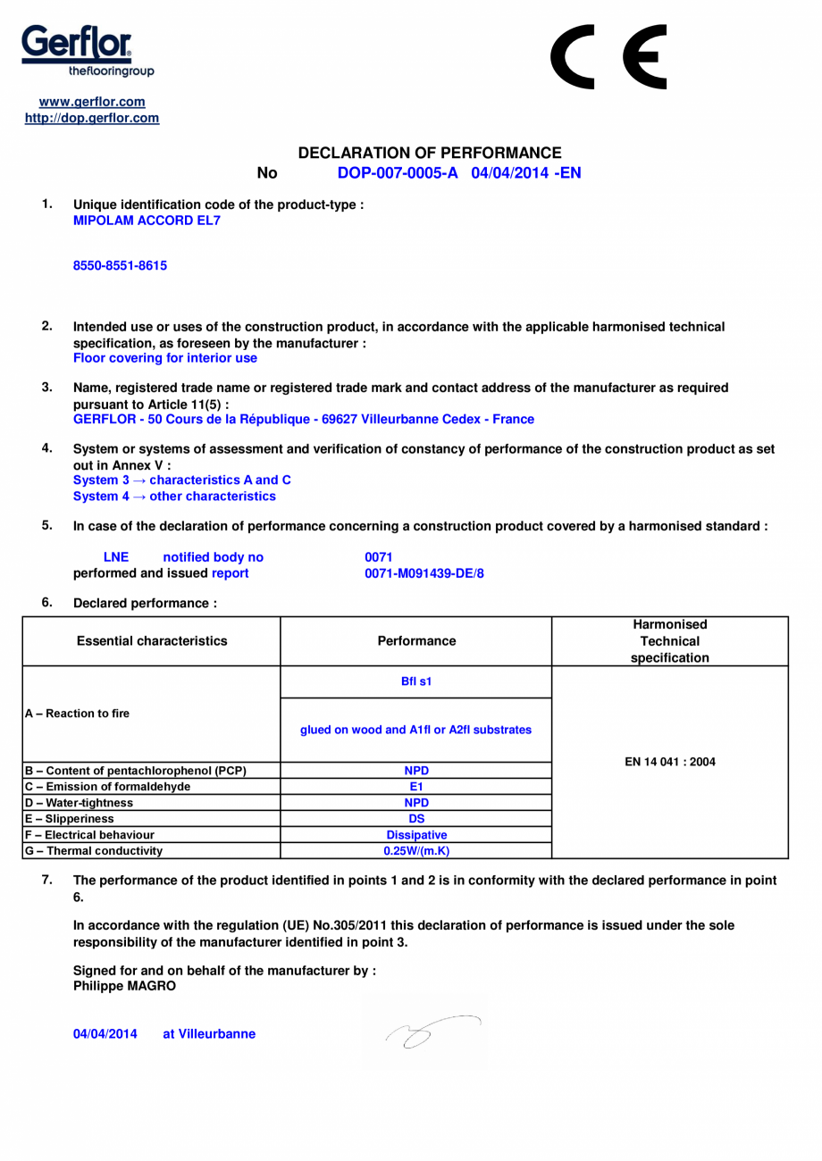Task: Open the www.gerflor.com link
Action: [x=92, y=102]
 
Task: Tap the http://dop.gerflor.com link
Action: [x=92, y=118]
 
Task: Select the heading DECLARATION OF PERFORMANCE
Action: [x=429, y=154]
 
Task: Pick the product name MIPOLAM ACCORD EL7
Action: [x=146, y=220]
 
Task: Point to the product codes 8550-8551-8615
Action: [x=120, y=265]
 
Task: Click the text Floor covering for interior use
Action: [x=164, y=358]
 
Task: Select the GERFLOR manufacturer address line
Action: [x=303, y=419]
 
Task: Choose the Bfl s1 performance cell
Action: [x=415, y=681]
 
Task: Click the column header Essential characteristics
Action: [x=152, y=640]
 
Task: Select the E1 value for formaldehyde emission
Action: [x=415, y=786]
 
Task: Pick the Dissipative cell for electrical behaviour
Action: [x=415, y=835]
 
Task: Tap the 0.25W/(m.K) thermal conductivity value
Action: [x=415, y=850]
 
